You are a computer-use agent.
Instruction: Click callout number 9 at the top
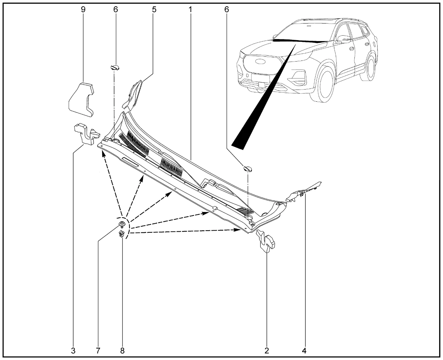[x=83, y=10]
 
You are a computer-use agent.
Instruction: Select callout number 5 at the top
[x=154, y=10]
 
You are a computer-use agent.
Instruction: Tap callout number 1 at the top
[x=190, y=10]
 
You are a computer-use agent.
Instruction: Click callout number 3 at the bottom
[x=73, y=351]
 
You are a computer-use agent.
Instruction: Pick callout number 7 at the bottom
[x=98, y=351]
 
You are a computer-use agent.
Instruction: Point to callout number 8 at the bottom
[x=122, y=351]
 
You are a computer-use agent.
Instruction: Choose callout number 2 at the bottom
[x=266, y=351]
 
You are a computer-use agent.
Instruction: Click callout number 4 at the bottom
[x=304, y=351]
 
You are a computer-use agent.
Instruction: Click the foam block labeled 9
[x=81, y=100]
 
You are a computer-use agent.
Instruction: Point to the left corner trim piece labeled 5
[x=133, y=95]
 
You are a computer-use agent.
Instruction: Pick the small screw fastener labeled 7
[x=121, y=224]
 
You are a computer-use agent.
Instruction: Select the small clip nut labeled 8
[x=121, y=234]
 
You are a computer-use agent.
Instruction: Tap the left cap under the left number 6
[x=115, y=67]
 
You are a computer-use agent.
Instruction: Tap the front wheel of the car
[x=321, y=84]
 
